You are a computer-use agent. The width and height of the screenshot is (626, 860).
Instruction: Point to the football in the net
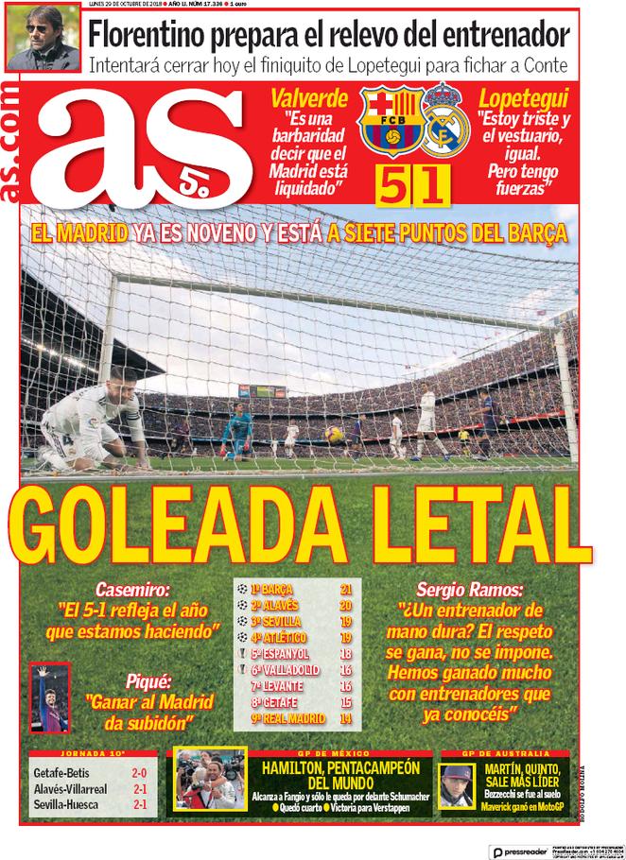pyautogui.click(x=334, y=434)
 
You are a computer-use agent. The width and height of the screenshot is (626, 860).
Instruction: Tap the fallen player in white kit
pyautogui.click(x=95, y=421)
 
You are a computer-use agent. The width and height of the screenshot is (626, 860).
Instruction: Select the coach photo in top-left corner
pyautogui.click(x=42, y=43)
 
